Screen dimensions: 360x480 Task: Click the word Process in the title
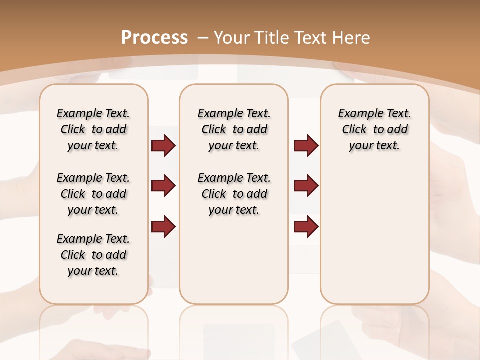tap(154, 37)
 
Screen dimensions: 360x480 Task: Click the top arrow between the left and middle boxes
tap(163, 146)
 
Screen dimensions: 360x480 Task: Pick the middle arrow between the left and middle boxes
tap(163, 186)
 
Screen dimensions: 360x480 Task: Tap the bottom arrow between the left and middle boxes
tap(163, 226)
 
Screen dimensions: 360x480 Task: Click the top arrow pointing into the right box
tap(306, 146)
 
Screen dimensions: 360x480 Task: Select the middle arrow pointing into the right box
tap(306, 186)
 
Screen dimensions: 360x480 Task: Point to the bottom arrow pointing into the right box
tap(306, 226)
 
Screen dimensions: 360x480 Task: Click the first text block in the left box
tap(93, 129)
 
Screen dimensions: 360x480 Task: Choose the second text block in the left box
tap(93, 194)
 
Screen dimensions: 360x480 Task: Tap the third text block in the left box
tap(93, 255)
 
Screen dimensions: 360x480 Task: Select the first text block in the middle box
tap(234, 129)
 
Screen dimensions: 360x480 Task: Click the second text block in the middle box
tap(234, 194)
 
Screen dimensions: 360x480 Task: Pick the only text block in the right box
tap(374, 129)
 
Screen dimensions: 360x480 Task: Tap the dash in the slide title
tap(203, 37)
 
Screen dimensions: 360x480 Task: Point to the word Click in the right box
tap(354, 130)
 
